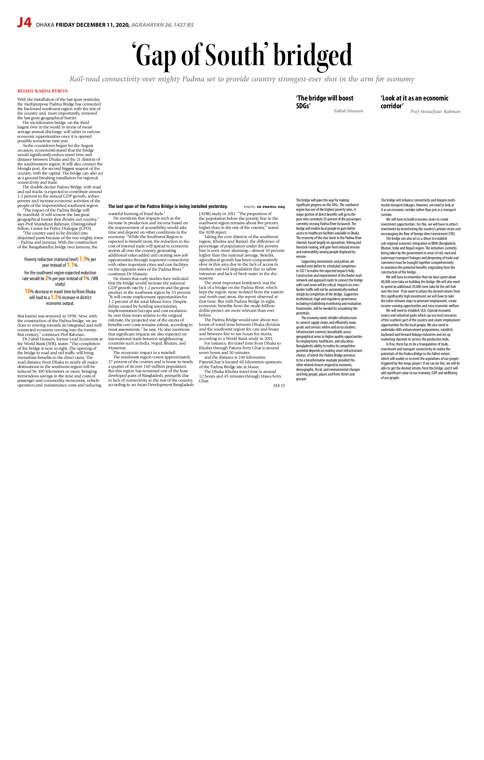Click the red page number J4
pyautogui.click(x=24, y=23)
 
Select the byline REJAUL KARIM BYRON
pyautogui.click(x=43, y=91)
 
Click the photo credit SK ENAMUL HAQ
pyautogui.click(x=271, y=207)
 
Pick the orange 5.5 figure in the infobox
pyautogui.click(x=54, y=297)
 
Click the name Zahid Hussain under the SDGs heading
pyautogui.click(x=348, y=111)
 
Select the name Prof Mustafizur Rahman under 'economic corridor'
pyautogui.click(x=435, y=111)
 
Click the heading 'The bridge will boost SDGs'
pyautogui.click(x=325, y=102)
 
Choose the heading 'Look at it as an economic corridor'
pyautogui.click(x=414, y=102)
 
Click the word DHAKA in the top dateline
pyautogui.click(x=45, y=25)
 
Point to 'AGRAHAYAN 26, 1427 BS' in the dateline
pyautogui.click(x=162, y=25)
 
